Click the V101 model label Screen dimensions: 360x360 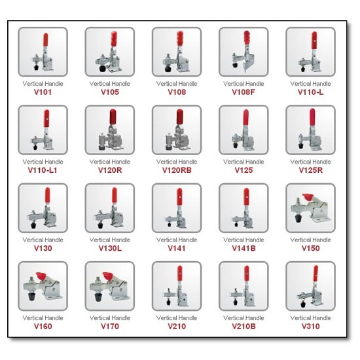coord(43,92)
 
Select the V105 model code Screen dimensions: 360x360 coord(109,92)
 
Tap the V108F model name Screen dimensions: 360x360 coord(243,92)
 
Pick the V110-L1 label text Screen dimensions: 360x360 coord(43,170)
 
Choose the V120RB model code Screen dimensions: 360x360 coord(176,170)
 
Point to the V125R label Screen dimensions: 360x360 coord(310,170)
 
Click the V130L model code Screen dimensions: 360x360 coord(109,249)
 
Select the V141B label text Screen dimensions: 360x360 coord(243,249)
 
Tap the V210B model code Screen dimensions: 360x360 coord(243,327)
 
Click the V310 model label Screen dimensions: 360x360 coord(310,327)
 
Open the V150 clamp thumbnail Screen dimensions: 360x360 coord(310,208)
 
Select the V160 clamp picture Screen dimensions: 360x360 coord(43,286)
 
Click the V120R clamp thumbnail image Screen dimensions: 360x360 coord(109,130)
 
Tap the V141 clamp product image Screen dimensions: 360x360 coord(176,208)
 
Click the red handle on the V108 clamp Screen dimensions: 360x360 coord(179,40)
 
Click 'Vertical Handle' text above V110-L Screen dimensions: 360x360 coord(310,84)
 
